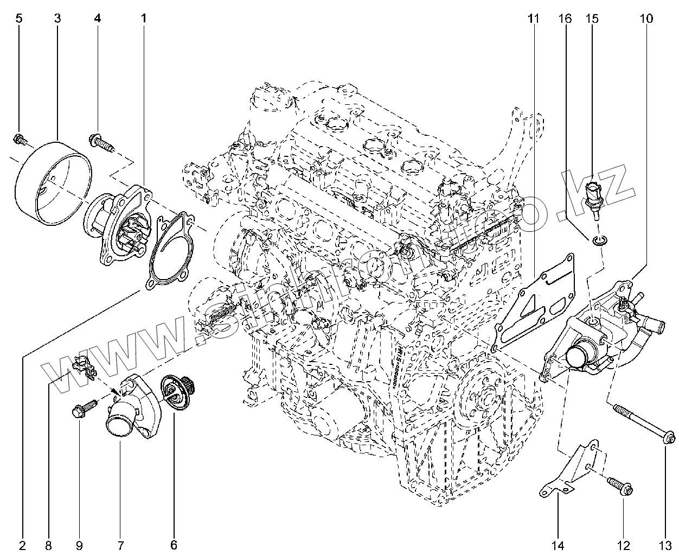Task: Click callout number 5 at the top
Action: [19, 18]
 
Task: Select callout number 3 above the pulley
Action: [57, 18]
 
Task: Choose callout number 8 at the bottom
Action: [48, 545]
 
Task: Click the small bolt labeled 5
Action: [20, 140]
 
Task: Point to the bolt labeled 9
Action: [82, 409]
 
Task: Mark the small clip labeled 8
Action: [82, 365]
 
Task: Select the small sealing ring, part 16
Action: [598, 240]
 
